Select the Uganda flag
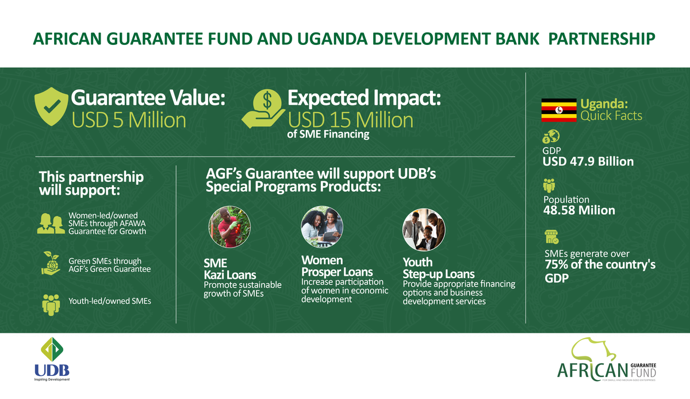[x=559, y=110]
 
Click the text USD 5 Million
[x=128, y=120]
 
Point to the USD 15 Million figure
[x=350, y=120]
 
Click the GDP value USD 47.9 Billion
[x=588, y=162]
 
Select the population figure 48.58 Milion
[x=579, y=210]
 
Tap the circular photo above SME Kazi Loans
[x=226, y=227]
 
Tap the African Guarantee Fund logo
[x=606, y=362]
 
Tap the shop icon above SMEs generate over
[x=551, y=237]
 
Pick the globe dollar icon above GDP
[x=551, y=136]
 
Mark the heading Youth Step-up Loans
[x=438, y=268]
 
